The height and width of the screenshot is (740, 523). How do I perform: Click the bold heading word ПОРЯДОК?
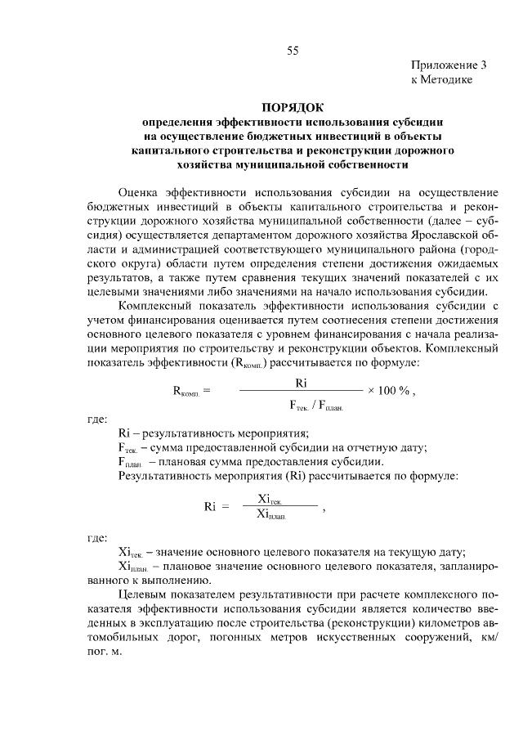[293, 107]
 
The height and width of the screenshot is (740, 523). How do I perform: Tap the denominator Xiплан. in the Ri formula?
[275, 514]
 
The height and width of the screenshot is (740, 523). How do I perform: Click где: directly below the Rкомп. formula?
[96, 419]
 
